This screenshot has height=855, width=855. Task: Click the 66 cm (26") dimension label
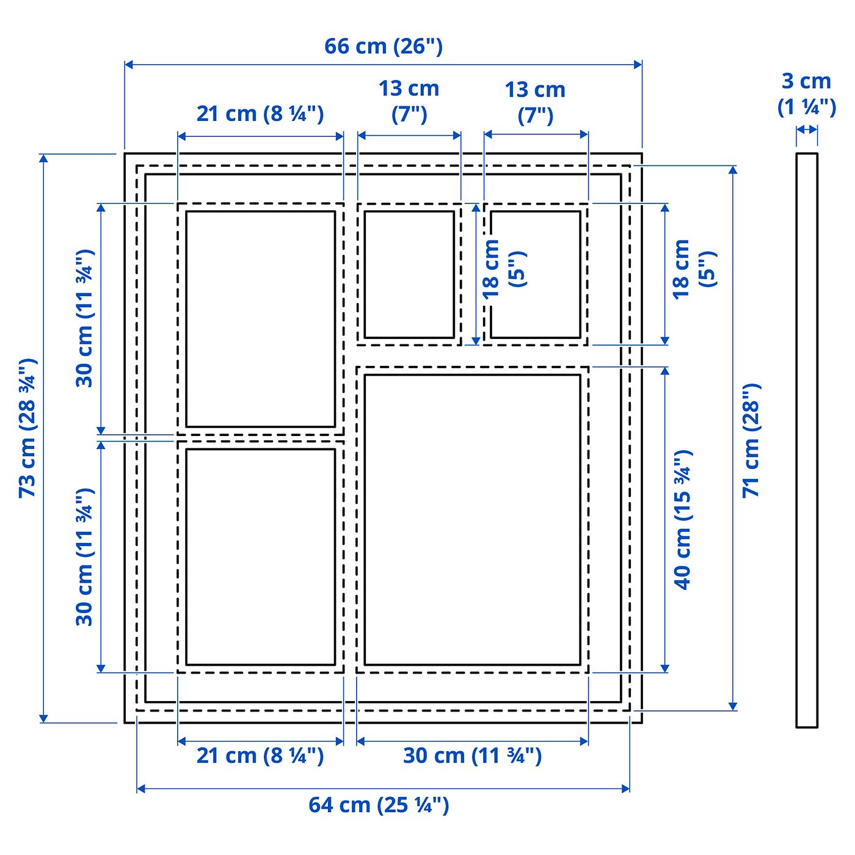pyautogui.click(x=383, y=46)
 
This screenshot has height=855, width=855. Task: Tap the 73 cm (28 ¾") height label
pyautogui.click(x=27, y=428)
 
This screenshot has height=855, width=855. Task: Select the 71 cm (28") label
pyautogui.click(x=752, y=440)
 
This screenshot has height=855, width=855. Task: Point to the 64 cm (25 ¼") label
pyautogui.click(x=379, y=805)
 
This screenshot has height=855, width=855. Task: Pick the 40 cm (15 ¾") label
pyautogui.click(x=683, y=519)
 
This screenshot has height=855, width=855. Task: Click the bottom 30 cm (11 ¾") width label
pyautogui.click(x=472, y=756)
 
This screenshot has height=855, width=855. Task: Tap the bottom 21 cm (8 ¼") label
pyautogui.click(x=260, y=756)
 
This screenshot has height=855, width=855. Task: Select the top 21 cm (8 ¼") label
pyautogui.click(x=260, y=114)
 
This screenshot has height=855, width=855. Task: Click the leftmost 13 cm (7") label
pyautogui.click(x=409, y=101)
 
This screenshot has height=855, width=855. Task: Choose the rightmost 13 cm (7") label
pyautogui.click(x=535, y=102)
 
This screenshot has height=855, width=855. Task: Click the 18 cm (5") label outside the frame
pyautogui.click(x=693, y=269)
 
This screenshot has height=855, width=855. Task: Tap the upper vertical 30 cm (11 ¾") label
pyautogui.click(x=84, y=318)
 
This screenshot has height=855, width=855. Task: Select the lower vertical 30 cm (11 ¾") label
pyautogui.click(x=84, y=556)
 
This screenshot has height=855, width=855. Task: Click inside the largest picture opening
pyautogui.click(x=472, y=519)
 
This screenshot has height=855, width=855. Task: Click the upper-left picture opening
pyautogui.click(x=260, y=319)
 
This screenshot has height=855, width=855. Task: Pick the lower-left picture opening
pyautogui.click(x=260, y=556)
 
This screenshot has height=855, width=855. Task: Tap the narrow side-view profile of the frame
pyautogui.click(x=806, y=440)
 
